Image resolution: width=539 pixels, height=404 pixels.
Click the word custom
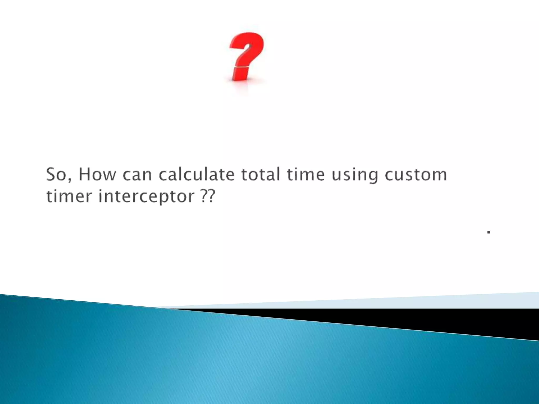(416, 175)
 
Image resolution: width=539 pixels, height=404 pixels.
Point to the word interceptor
(146, 197)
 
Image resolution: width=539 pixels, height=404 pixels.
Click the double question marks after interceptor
(208, 196)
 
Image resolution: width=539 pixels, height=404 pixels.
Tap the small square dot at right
(489, 232)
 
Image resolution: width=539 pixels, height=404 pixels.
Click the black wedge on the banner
(447, 320)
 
